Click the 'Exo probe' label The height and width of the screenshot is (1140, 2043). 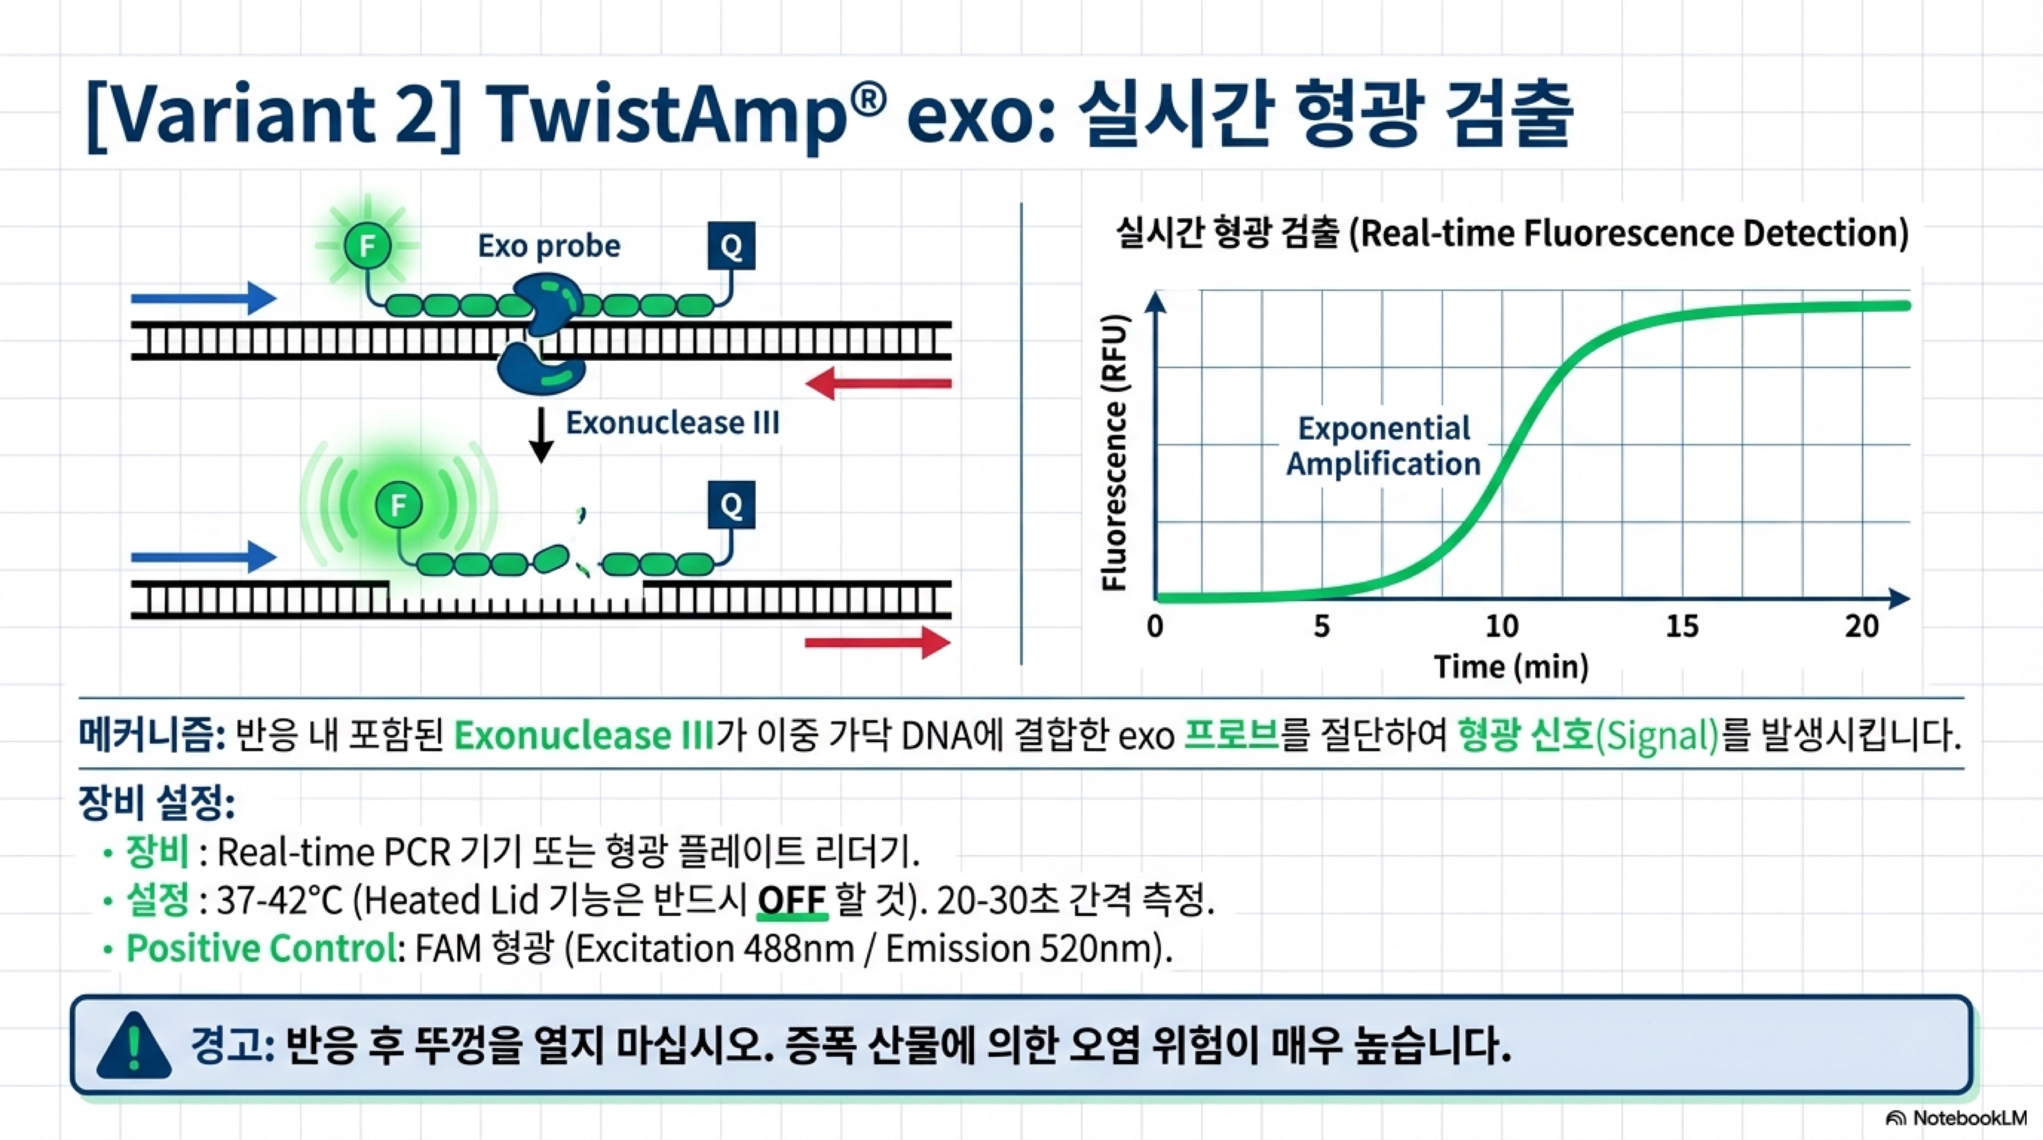coord(549,247)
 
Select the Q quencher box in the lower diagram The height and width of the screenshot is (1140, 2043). coord(731,505)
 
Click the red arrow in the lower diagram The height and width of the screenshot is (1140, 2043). coord(878,642)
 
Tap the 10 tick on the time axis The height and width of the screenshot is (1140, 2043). coord(1501,626)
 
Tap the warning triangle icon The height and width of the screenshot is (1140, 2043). coord(134,1046)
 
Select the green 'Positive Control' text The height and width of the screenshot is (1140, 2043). coord(262,948)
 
